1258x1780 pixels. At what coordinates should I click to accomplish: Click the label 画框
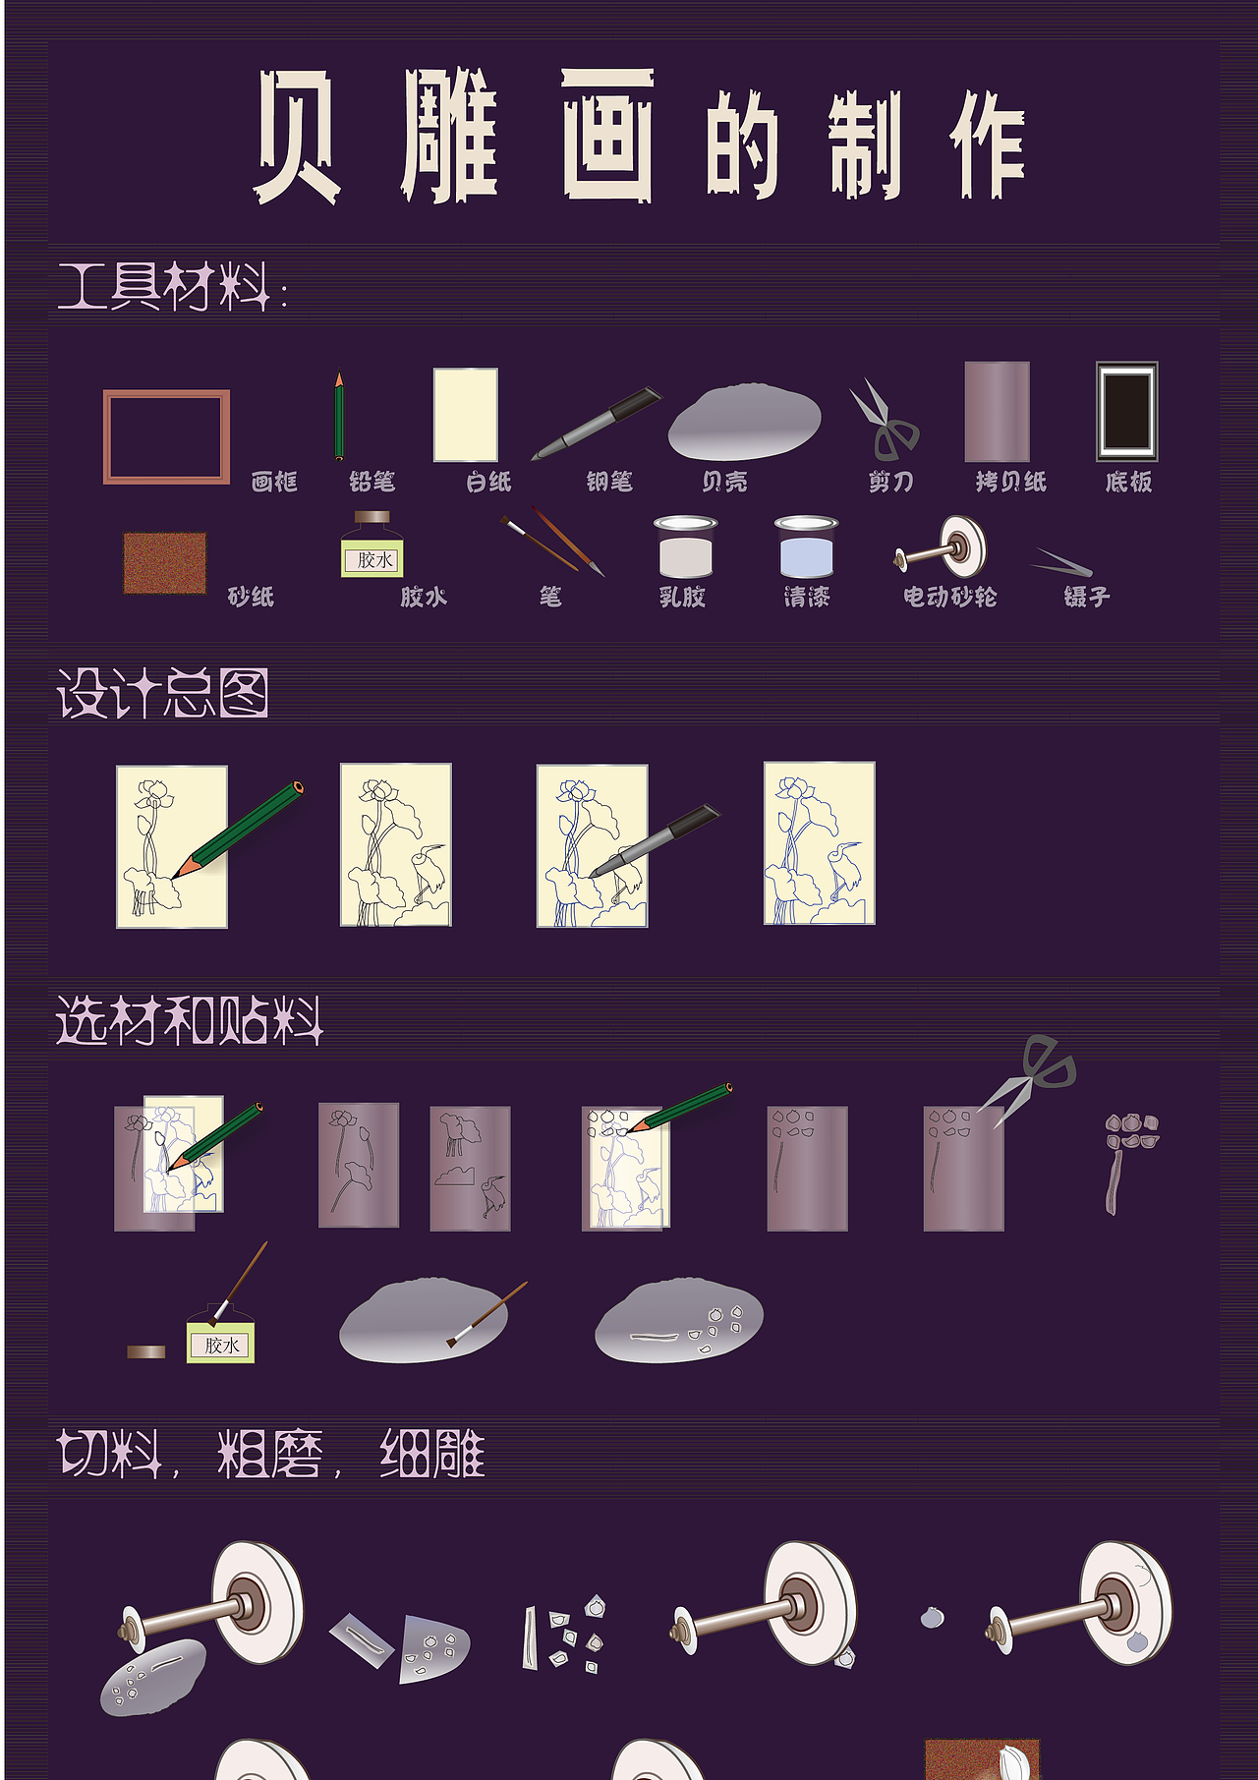273,482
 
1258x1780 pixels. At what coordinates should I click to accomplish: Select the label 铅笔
372,482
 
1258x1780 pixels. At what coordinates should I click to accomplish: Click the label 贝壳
724,482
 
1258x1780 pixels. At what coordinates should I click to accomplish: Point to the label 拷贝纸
1010,482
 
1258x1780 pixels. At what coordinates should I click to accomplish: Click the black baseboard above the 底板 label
1127,412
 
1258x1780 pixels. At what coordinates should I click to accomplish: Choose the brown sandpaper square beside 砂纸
165,563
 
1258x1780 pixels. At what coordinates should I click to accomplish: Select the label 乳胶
682,597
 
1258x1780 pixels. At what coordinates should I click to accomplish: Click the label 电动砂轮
949,597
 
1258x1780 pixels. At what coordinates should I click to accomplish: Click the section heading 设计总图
162,694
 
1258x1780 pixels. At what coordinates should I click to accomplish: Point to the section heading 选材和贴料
189,1020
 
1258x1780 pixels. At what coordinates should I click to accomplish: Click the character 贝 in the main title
298,136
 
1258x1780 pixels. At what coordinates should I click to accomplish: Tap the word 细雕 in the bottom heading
432,1454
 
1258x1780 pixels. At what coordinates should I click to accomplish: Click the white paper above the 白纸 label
466,415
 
